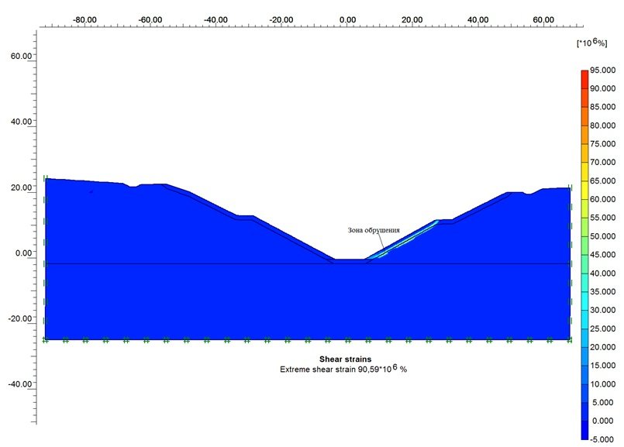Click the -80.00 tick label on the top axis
click(84, 17)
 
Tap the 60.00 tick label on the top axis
click(544, 17)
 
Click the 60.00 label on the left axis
click(21, 57)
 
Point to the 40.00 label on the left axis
click(21, 122)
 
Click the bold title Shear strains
click(346, 359)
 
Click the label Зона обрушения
click(374, 230)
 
